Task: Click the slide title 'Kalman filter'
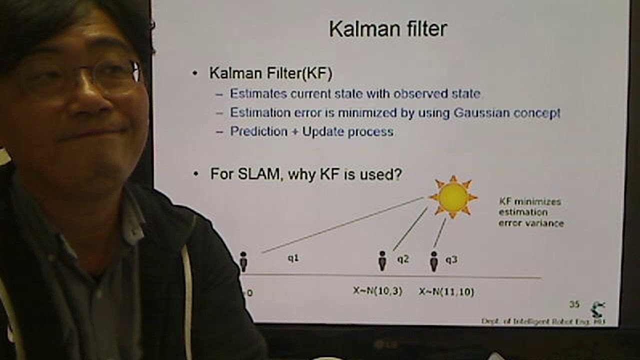387,29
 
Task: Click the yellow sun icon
453,196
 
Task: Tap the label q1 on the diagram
293,259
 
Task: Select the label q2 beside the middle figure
403,259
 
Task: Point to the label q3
451,259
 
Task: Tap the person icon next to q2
382,261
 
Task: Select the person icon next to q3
434,261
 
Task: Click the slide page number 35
574,304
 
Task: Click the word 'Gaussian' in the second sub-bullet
481,113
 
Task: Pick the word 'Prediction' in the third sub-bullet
258,131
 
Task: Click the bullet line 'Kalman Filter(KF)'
270,73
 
